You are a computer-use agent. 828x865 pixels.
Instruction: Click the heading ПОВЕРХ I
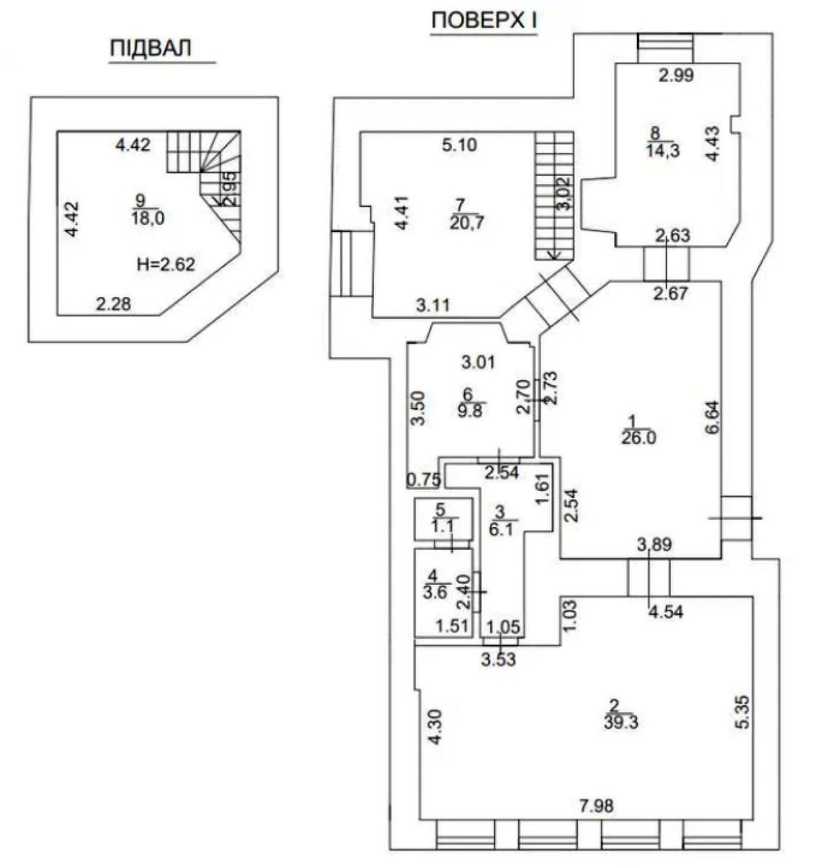click(x=484, y=21)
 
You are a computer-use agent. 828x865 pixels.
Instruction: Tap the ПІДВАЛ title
click(x=151, y=48)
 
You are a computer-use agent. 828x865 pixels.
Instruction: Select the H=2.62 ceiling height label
click(x=166, y=265)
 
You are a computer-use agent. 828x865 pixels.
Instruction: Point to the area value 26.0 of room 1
click(x=638, y=438)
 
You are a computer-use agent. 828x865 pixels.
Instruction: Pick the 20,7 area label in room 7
click(x=467, y=222)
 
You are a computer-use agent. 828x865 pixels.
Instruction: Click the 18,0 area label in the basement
click(x=148, y=218)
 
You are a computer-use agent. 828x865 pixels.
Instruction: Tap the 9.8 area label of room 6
click(x=471, y=410)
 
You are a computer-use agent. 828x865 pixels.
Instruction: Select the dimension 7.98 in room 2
click(x=596, y=805)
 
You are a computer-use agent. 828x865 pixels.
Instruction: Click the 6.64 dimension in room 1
click(x=711, y=417)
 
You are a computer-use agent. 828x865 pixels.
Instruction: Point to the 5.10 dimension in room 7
click(x=460, y=145)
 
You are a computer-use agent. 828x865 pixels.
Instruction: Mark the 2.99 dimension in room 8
click(x=675, y=75)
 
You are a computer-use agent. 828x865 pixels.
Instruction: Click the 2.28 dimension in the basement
click(x=114, y=304)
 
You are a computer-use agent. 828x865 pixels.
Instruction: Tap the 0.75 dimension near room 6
click(x=424, y=479)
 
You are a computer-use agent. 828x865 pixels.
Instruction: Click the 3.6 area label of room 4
click(x=435, y=593)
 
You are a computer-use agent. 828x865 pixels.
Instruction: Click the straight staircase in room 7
click(x=553, y=195)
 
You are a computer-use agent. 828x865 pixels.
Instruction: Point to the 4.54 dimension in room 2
click(x=665, y=611)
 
